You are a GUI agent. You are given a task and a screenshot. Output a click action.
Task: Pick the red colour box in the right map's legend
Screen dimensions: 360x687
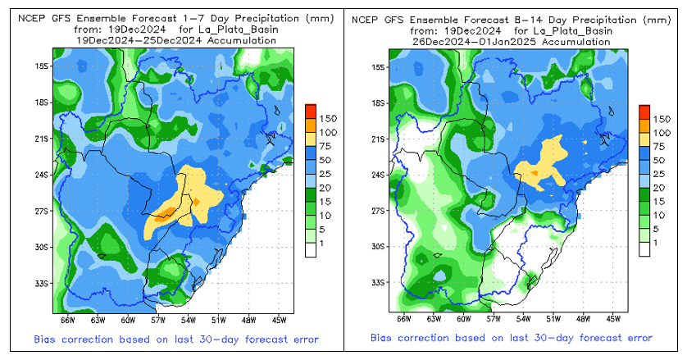pos(644,111)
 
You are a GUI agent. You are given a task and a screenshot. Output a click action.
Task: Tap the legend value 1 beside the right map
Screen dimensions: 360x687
pos(653,244)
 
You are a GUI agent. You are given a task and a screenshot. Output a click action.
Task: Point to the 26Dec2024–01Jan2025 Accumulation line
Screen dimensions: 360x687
pos(513,39)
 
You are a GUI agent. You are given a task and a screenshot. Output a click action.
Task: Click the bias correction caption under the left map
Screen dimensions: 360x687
pos(177,339)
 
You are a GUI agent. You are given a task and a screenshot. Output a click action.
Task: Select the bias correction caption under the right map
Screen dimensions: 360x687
pos(512,339)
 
